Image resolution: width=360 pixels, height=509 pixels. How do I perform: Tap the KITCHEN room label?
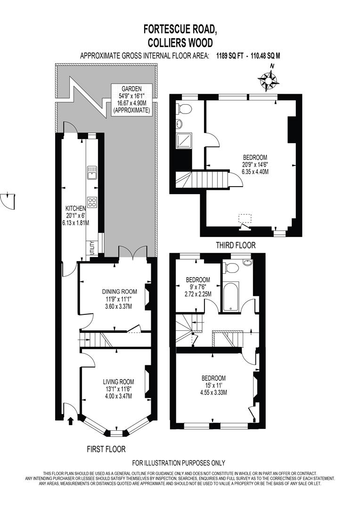[75, 208]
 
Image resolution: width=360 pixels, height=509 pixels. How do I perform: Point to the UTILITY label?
[92, 248]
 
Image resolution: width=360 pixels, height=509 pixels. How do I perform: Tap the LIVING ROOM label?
[119, 382]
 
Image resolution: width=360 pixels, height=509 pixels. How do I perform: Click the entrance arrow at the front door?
[71, 420]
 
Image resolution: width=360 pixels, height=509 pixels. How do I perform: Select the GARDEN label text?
[131, 88]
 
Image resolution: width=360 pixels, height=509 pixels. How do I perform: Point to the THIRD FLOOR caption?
[236, 245]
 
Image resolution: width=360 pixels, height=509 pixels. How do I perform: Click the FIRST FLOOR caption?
[106, 449]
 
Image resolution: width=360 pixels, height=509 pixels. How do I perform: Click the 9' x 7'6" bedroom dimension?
[197, 287]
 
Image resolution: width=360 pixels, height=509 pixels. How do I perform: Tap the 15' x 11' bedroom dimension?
[213, 385]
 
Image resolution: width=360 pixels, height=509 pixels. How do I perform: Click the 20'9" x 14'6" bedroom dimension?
[255, 164]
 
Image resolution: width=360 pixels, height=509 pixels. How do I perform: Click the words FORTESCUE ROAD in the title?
[180, 29]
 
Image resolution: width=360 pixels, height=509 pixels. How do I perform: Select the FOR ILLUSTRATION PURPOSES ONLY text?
[179, 463]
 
